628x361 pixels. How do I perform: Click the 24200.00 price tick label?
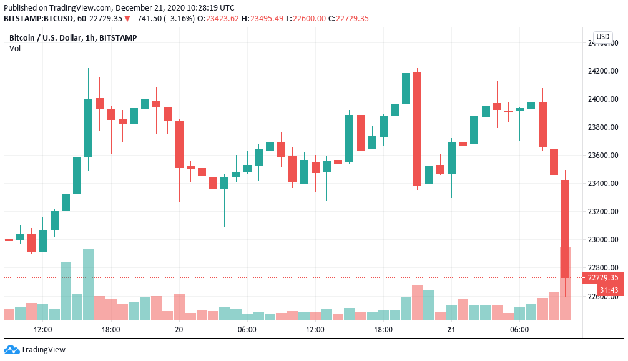click(602, 71)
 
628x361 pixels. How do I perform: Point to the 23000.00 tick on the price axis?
click(602, 240)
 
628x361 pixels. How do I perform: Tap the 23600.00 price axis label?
click(602, 156)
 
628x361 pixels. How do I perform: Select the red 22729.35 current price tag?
click(602, 278)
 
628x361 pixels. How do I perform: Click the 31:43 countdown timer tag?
click(608, 290)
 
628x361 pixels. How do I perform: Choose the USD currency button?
click(602, 37)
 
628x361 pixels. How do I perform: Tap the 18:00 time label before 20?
click(111, 330)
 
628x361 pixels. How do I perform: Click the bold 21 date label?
click(450, 330)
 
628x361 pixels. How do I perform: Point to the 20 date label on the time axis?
click(179, 330)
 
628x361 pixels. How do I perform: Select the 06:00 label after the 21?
click(519, 330)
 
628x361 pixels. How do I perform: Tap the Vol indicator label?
click(14, 49)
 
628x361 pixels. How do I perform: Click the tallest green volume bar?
click(88, 284)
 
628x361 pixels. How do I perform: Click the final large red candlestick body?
click(565, 229)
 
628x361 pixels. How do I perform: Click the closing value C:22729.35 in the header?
click(352, 19)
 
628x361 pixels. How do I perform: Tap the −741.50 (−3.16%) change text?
click(163, 19)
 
